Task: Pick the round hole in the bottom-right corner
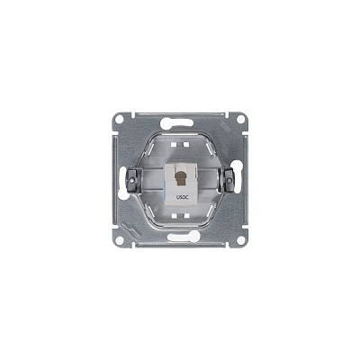[240, 240]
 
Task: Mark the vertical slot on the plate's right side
[245, 180]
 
